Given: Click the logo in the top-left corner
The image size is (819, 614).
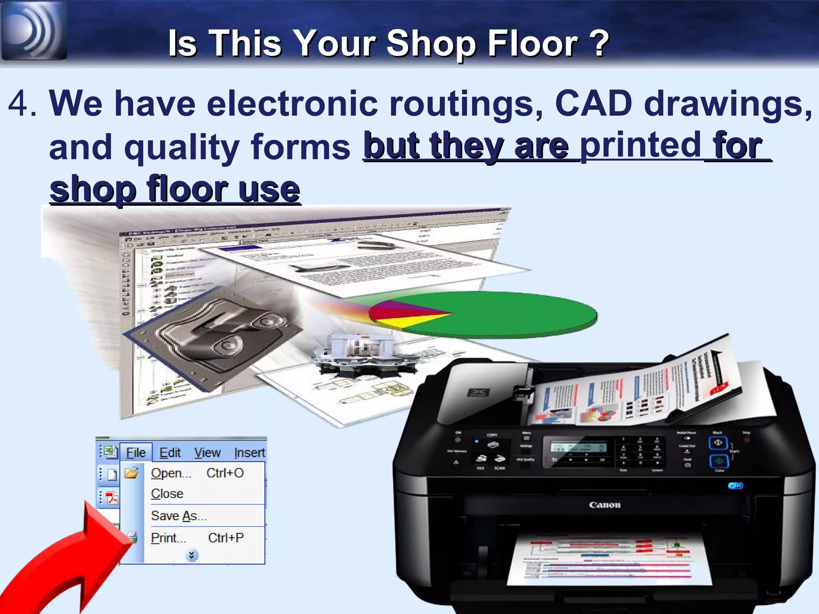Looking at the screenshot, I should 34,30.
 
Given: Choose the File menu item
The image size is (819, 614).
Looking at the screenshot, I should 136,453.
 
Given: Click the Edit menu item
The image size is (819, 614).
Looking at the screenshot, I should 170,453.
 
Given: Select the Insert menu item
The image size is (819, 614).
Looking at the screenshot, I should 249,453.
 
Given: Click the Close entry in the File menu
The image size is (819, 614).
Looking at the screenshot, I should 167,494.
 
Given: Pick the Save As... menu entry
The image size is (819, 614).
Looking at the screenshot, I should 179,516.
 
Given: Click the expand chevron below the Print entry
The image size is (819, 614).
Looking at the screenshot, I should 192,555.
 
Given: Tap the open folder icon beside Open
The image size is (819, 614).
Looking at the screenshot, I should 131,473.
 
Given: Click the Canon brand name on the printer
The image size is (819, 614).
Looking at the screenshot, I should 604,505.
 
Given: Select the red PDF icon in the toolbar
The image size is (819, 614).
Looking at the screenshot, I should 112,498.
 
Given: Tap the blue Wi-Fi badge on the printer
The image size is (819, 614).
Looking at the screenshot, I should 735,486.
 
